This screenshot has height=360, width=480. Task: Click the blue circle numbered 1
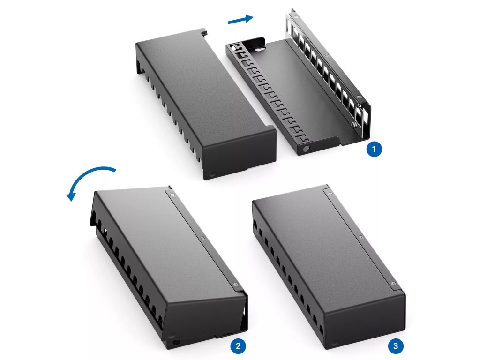[374, 149]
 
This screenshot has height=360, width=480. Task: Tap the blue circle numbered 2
[238, 346]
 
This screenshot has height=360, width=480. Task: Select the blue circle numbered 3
[396, 346]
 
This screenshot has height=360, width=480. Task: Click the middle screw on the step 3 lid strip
[360, 237]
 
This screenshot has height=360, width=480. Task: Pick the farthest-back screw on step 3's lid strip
[330, 194]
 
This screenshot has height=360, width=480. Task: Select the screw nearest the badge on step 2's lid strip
[235, 285]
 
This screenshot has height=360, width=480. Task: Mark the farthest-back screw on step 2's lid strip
[172, 194]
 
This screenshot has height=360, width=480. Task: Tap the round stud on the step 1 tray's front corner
[305, 149]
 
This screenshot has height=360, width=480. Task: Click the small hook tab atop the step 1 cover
[205, 31]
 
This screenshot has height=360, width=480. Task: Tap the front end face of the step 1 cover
[240, 154]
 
